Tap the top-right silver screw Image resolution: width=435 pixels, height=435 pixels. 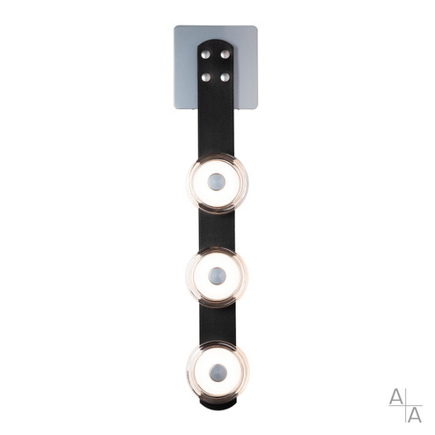click(226, 55)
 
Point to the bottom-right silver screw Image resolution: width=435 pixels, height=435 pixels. click(226, 77)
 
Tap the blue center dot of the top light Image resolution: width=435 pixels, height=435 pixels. click(217, 184)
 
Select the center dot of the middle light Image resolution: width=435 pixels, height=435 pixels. click(217, 277)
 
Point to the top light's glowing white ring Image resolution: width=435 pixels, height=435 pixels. click(203, 184)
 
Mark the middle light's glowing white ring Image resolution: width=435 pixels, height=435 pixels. click(203, 277)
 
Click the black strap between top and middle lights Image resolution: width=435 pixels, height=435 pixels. click(217, 231)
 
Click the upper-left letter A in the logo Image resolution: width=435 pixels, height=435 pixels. click(397, 395)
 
